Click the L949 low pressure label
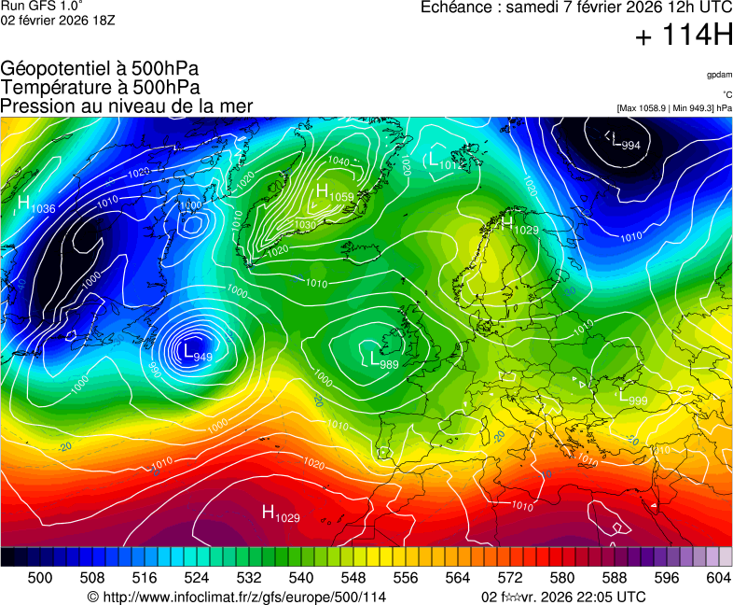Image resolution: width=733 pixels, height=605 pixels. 198,353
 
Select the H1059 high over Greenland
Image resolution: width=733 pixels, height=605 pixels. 334,193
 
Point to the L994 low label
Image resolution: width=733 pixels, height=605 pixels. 625,142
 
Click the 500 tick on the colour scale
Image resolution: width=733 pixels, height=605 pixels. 40,578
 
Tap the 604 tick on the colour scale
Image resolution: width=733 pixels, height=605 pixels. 718,578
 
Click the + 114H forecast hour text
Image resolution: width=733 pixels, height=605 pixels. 684,36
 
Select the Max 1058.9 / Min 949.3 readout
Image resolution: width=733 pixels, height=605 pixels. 674,108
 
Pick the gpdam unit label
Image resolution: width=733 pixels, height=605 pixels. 718,74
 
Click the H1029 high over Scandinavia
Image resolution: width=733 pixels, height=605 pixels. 520,225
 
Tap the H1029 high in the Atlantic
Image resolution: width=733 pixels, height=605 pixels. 281,513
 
